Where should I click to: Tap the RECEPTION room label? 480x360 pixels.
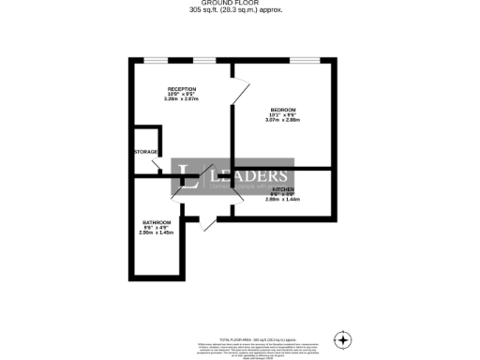point(181,88)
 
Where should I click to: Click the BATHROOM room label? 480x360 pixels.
point(156,222)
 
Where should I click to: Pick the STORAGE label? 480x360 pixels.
point(145,151)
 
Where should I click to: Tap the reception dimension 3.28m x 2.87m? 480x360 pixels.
point(182,98)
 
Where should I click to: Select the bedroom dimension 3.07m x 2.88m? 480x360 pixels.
point(281,120)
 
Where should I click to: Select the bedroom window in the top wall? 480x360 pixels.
point(302,60)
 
